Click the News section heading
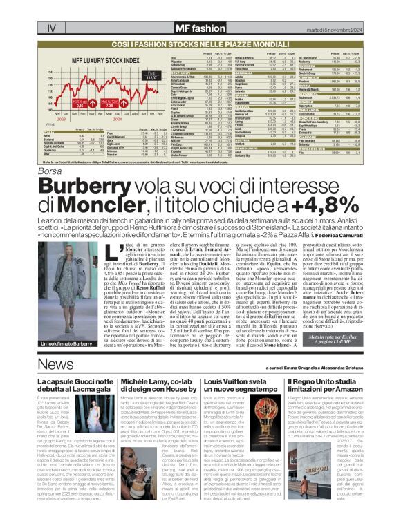(60, 366)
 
